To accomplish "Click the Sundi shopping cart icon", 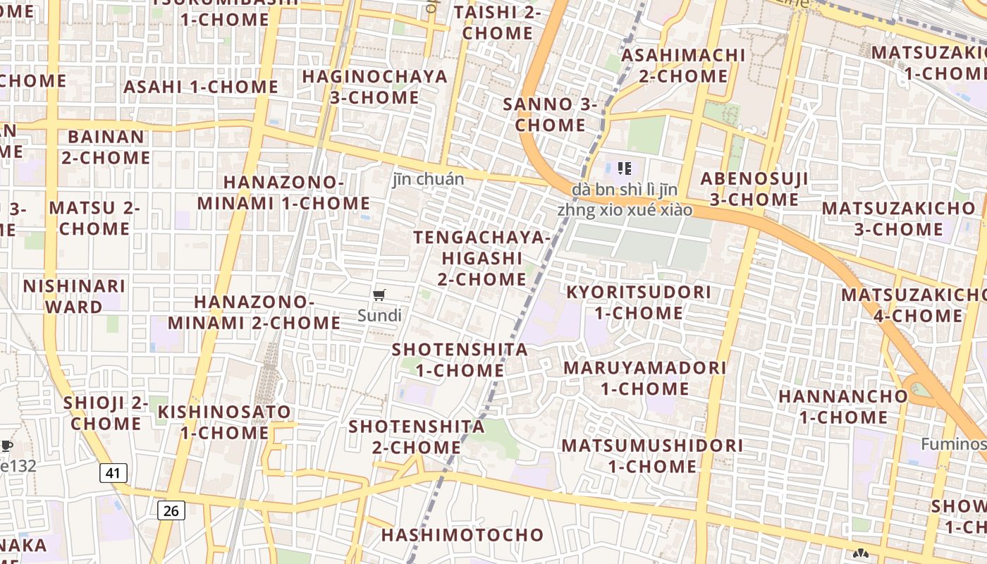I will click(379, 295).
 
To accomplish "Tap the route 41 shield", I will click(114, 472).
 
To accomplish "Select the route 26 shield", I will click(171, 510).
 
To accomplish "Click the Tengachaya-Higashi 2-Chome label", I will click(482, 258).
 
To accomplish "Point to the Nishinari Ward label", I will click(74, 296).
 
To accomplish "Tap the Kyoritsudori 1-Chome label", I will click(639, 302).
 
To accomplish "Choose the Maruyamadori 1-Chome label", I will click(644, 378).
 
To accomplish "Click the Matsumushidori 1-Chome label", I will click(652, 455).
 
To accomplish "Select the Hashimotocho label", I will click(462, 535).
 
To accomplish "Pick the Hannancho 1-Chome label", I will click(843, 406).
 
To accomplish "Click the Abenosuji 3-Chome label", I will click(754, 189).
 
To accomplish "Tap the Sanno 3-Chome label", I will click(550, 114).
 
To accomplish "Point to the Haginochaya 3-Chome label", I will click(374, 86).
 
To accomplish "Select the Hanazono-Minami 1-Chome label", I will click(283, 192).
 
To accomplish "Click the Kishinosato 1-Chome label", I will click(224, 422).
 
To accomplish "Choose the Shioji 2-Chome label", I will click(106, 413).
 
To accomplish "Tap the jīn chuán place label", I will click(428, 179).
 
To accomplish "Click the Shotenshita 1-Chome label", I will click(460, 360).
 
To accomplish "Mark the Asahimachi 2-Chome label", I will click(683, 65).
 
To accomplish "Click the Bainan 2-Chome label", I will click(106, 147).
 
